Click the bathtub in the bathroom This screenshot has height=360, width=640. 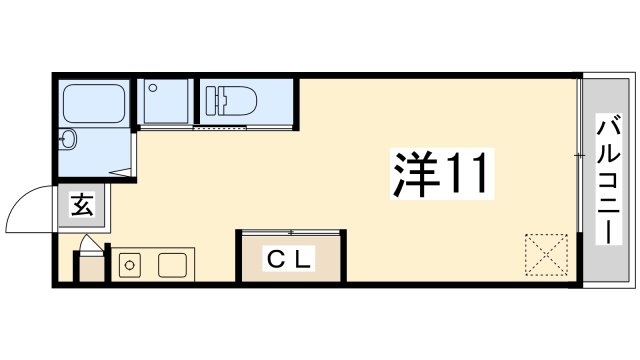[94, 103]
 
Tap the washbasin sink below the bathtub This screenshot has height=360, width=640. [67, 140]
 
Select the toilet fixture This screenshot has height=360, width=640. [231, 100]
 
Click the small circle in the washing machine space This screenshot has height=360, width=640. [153, 88]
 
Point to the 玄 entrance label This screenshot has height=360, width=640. [83, 204]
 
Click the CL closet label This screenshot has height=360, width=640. [289, 258]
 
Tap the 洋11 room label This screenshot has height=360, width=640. [441, 174]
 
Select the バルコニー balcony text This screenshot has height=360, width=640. [609, 179]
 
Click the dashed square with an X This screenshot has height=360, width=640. [546, 255]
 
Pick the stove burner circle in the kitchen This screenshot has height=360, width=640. [130, 265]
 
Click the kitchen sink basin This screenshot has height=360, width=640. [173, 265]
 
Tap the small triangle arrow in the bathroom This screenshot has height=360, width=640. [121, 172]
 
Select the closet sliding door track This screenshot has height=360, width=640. [291, 233]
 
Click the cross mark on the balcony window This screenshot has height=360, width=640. [579, 156]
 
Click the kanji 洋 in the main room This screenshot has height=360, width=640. [416, 174]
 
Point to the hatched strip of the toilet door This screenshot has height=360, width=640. [220, 128]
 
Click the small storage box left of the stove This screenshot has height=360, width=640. [91, 269]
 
